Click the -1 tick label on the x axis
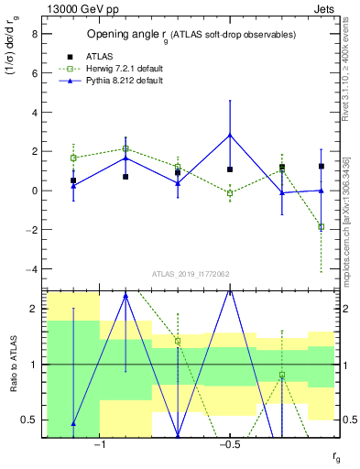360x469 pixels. pos(100,443)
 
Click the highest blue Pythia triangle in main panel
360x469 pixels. pos(230,135)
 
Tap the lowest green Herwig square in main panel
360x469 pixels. pos(322,226)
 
